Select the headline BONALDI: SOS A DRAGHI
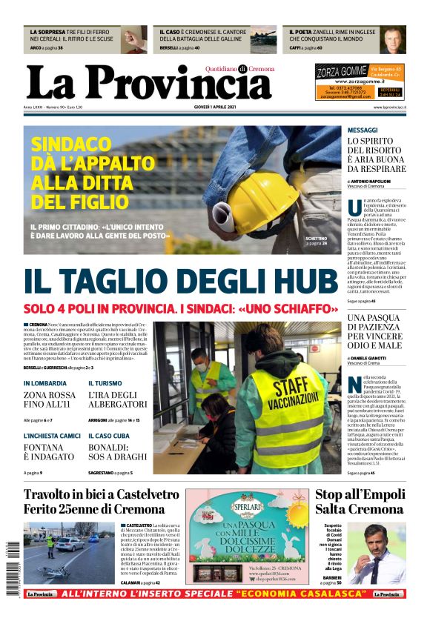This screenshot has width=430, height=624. pos(119,452)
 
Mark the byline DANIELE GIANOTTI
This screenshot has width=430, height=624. pos(371,358)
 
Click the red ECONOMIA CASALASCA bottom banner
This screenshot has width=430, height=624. pos(215,594)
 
